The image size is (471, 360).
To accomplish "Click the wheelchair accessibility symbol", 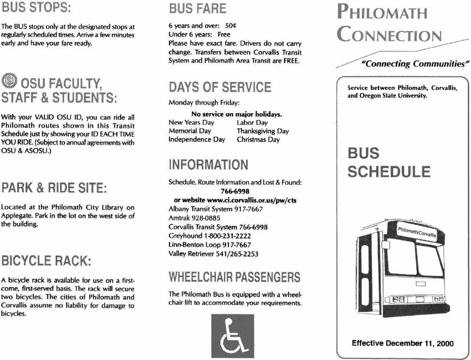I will (232, 335).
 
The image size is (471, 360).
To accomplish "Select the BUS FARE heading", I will (197, 8).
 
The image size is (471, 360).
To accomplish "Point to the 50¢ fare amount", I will (230, 26).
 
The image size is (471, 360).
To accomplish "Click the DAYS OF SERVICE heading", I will (220, 87).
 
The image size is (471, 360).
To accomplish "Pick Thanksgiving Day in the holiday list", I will (263, 131).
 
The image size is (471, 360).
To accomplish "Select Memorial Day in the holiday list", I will (189, 131).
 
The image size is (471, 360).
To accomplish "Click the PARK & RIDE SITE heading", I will (55, 189).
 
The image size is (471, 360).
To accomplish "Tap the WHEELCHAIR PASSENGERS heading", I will (234, 276).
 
